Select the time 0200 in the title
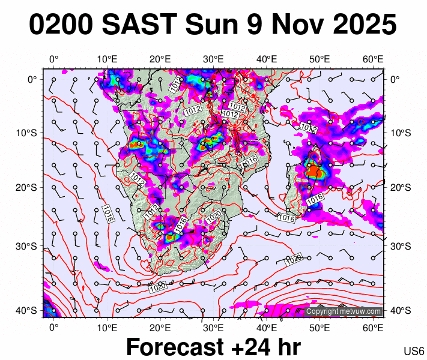tap(62, 25)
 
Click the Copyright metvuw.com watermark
tap(344, 312)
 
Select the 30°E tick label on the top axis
tap(213, 59)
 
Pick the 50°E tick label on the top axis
tap(319, 59)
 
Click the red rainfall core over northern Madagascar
tap(314, 172)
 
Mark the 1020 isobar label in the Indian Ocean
tap(294, 260)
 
